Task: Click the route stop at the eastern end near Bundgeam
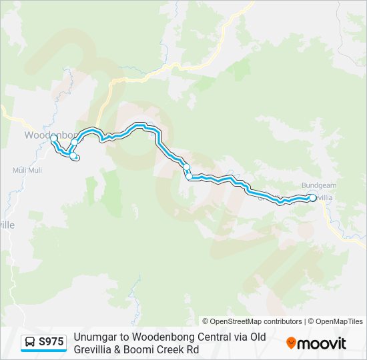[x=312, y=197]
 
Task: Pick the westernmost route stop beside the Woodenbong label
[x=54, y=139]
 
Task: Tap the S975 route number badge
[x=51, y=342]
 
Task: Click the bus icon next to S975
[x=30, y=342]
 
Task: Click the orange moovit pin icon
[x=291, y=343]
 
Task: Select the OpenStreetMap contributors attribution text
[x=256, y=321]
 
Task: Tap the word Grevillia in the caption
[x=95, y=349]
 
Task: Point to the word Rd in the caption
[x=194, y=349]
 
